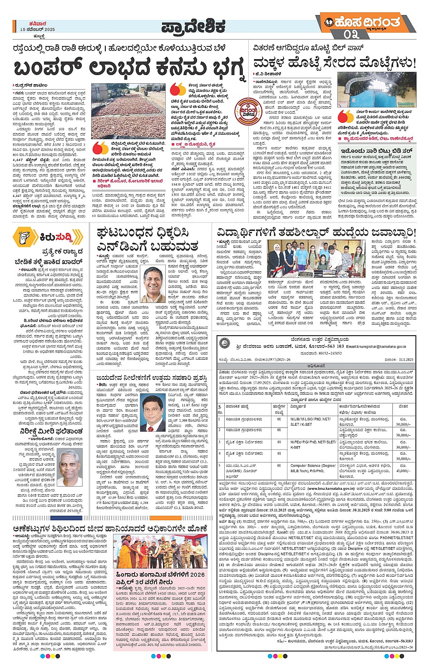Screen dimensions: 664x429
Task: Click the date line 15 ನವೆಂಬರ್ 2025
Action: pos(38,30)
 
